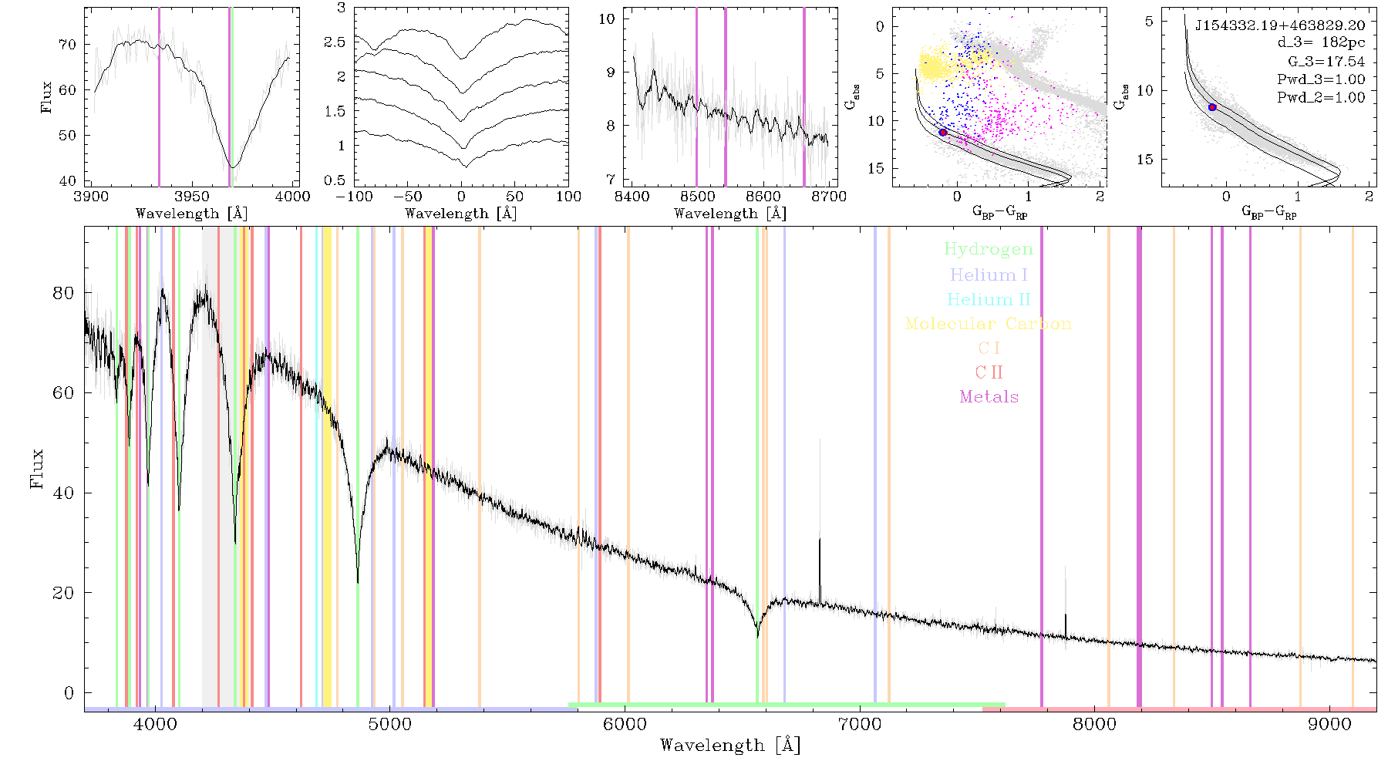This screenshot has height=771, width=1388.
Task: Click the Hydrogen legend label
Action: click(988, 250)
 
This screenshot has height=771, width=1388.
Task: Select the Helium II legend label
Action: click(989, 299)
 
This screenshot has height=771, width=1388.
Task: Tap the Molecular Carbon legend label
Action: click(989, 324)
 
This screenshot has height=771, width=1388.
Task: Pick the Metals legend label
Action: click(989, 397)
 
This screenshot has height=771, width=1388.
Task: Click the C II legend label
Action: click(989, 372)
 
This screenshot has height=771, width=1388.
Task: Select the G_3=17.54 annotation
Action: click(1326, 62)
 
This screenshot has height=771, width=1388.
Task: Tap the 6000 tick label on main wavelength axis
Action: click(625, 724)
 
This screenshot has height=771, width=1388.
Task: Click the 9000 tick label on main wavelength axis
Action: click(1329, 724)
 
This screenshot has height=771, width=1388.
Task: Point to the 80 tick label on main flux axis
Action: click(65, 293)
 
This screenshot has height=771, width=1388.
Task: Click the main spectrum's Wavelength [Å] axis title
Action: click(730, 746)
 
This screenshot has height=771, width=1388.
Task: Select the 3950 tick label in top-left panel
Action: click(192, 197)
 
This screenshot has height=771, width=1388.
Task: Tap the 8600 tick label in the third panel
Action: click(763, 197)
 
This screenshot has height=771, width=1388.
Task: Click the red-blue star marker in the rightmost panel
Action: click(1212, 107)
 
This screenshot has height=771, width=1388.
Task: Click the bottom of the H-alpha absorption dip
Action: click(758, 637)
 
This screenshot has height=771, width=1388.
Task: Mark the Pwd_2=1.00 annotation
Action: click(1321, 98)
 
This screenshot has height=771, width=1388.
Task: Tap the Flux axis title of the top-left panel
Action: click(47, 97)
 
